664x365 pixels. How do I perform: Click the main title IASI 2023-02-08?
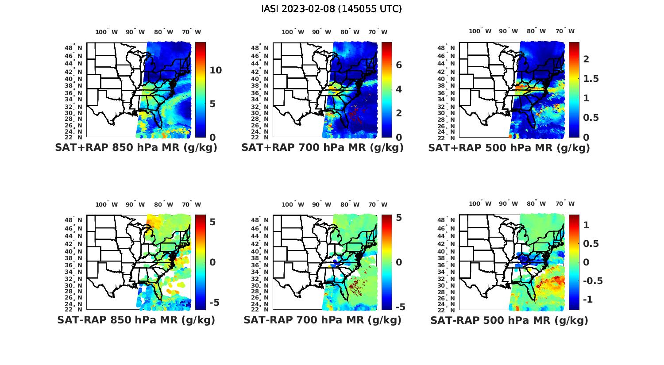coord(332,9)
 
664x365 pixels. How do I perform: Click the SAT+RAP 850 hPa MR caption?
coord(136,148)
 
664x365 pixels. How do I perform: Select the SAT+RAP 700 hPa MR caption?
coord(322,148)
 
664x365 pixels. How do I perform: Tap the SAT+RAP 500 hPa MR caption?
coord(509,148)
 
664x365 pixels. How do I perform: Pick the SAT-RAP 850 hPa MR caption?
coord(136,320)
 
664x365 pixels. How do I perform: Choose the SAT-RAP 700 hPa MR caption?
coord(322,320)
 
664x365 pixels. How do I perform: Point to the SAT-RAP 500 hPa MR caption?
coord(509,320)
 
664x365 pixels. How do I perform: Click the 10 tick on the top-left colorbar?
coord(216,70)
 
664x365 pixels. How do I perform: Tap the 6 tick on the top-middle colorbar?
coord(399,65)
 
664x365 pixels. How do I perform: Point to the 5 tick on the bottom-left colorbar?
coord(212,222)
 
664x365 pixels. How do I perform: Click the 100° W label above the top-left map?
coord(107,32)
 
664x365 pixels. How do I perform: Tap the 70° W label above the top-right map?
coord(565,31)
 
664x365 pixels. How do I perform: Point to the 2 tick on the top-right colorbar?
coord(586,59)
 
